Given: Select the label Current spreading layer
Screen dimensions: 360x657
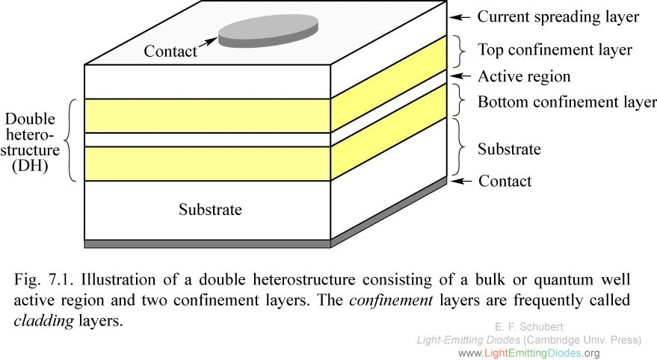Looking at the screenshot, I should coord(558,16).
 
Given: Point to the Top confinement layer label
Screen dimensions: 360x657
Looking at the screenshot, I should coord(555,50).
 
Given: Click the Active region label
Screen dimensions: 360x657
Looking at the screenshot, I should coord(524,76).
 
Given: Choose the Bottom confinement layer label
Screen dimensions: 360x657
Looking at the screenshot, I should coord(567,102).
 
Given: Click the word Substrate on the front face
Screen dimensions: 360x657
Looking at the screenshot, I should coord(210,209).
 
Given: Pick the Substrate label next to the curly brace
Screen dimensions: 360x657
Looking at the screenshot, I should coord(509,149).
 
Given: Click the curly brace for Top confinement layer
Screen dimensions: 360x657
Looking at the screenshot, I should coord(462,50).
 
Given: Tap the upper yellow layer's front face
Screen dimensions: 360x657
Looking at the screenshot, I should coord(208,116).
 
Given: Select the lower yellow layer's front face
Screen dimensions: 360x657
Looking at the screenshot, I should coord(208,164).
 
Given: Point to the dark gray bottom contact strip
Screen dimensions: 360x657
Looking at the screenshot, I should coord(208,243).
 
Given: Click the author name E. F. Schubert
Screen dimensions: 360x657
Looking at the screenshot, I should coord(529,326).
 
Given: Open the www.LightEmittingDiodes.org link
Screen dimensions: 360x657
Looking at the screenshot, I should coord(528,353).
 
